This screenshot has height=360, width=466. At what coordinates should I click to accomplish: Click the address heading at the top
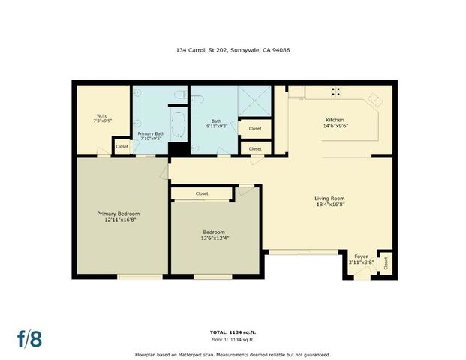(x=232, y=51)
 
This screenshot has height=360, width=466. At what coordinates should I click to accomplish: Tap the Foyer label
(x=362, y=256)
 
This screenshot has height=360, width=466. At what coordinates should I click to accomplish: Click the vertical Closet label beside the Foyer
(x=386, y=263)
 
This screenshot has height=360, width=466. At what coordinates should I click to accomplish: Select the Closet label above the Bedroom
(x=202, y=193)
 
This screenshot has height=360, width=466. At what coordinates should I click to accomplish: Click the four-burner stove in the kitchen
(x=337, y=93)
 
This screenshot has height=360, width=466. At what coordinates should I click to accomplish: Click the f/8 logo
(x=29, y=337)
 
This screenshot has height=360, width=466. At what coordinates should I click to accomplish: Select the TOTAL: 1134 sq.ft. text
(x=232, y=331)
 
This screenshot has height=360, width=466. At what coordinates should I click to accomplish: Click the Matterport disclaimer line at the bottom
(x=232, y=354)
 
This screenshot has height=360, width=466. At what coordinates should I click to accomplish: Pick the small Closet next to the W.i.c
(x=122, y=147)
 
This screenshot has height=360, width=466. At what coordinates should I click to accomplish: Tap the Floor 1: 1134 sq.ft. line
(x=232, y=340)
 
